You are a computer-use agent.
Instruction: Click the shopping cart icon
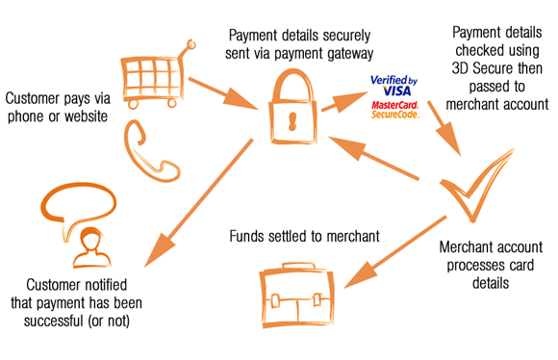(x=157, y=77)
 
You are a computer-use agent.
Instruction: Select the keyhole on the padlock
(x=292, y=122)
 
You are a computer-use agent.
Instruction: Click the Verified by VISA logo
(x=393, y=86)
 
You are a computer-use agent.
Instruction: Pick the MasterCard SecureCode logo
(x=395, y=110)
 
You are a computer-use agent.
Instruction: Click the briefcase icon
(x=296, y=295)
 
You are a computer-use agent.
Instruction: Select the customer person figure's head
(x=89, y=240)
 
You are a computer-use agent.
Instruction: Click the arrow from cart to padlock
(x=223, y=93)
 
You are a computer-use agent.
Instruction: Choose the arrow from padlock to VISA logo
(x=344, y=101)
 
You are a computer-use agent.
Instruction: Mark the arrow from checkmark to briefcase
(x=395, y=252)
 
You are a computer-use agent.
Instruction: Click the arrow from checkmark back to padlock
(x=373, y=158)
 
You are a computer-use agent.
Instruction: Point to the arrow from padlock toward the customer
(x=198, y=203)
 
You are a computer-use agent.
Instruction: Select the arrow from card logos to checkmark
(x=444, y=129)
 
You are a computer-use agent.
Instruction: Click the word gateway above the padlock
(x=350, y=54)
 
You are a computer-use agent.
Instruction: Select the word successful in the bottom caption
(x=53, y=321)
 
